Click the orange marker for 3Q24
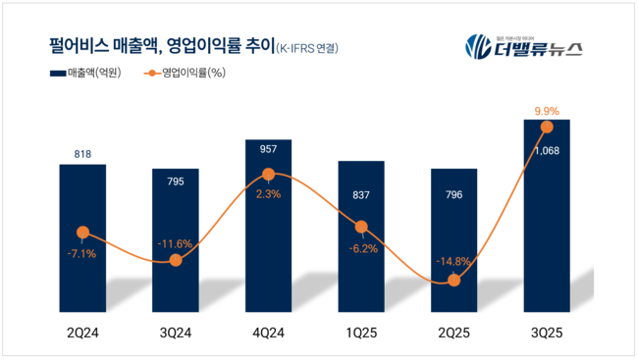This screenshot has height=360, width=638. point(175,260)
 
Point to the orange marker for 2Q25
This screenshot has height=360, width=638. point(453,281)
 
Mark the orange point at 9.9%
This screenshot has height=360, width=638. point(547,127)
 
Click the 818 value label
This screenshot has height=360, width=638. point(82,153)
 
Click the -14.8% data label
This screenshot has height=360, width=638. point(453,261)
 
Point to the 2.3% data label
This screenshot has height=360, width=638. point(268,194)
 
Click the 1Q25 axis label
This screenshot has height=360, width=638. point(360,335)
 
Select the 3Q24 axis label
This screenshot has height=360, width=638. point(175,335)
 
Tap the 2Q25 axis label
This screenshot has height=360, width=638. point(453,335)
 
